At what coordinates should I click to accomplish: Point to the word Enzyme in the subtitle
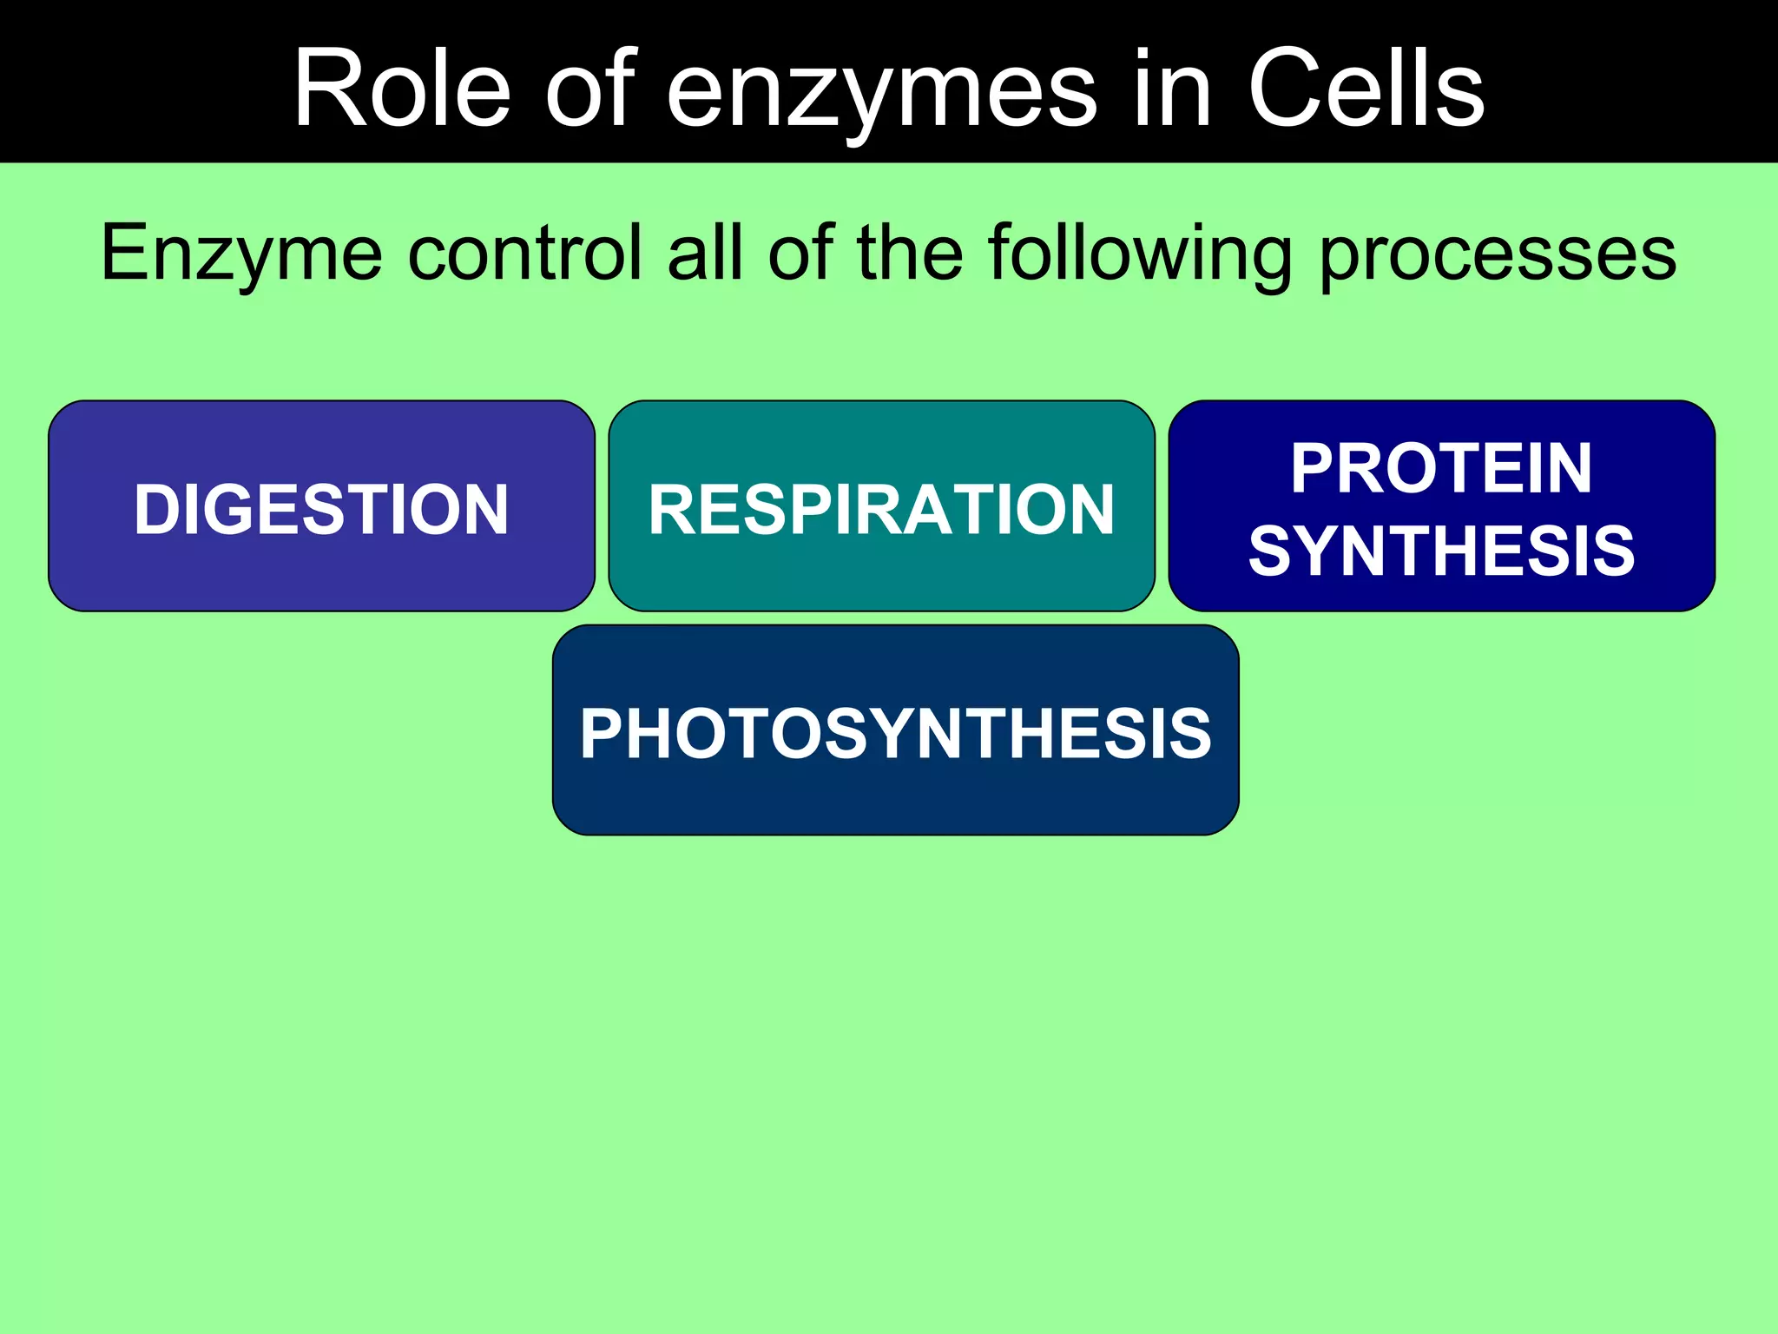(x=241, y=254)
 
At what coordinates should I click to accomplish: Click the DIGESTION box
(x=321, y=507)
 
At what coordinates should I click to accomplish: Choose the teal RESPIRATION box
(x=881, y=507)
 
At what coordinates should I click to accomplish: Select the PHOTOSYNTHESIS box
(x=895, y=731)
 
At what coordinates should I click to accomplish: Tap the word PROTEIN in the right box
(x=1441, y=468)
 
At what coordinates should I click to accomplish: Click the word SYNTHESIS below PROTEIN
(x=1441, y=551)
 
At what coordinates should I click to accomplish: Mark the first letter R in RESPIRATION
(x=671, y=509)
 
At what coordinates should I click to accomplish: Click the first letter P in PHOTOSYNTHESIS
(x=601, y=733)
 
